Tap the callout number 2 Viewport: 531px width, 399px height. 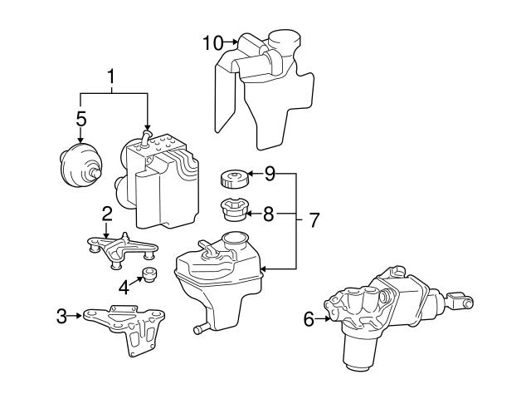(x=107, y=214)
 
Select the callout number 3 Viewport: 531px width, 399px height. (x=62, y=315)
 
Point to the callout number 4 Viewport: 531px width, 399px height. (x=124, y=288)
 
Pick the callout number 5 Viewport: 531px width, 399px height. (x=80, y=119)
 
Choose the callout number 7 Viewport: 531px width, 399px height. (x=314, y=220)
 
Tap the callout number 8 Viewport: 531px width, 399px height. (x=268, y=213)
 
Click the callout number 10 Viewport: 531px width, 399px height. (x=213, y=41)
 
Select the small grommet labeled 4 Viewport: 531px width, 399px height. (x=150, y=275)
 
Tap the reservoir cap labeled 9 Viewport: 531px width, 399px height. (x=231, y=177)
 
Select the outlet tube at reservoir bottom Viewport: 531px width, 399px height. (x=200, y=330)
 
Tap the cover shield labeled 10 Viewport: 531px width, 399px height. (x=265, y=91)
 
